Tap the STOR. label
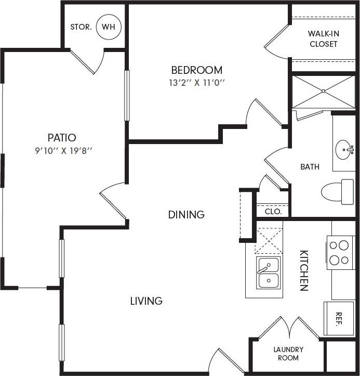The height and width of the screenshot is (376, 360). coord(81,27)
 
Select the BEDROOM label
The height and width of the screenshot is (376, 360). coord(197,70)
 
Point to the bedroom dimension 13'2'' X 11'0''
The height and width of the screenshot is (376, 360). coord(197,82)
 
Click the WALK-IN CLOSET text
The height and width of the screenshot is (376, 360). coord(323,39)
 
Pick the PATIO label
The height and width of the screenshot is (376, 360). coord(62,138)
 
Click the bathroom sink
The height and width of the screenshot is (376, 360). coord(343,150)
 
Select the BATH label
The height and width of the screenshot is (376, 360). coord(310,167)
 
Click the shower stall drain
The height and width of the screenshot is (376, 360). coord(323,92)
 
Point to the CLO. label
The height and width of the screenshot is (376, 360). coord(273,212)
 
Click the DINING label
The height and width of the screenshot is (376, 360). coord(186,214)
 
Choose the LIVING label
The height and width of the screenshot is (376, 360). coord(146,301)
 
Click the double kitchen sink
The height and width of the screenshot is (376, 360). coord(269,273)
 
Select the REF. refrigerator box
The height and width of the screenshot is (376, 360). coord(339,318)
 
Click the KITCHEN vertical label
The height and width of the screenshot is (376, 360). coord(303,270)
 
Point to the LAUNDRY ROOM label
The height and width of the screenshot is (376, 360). coord(288,354)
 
